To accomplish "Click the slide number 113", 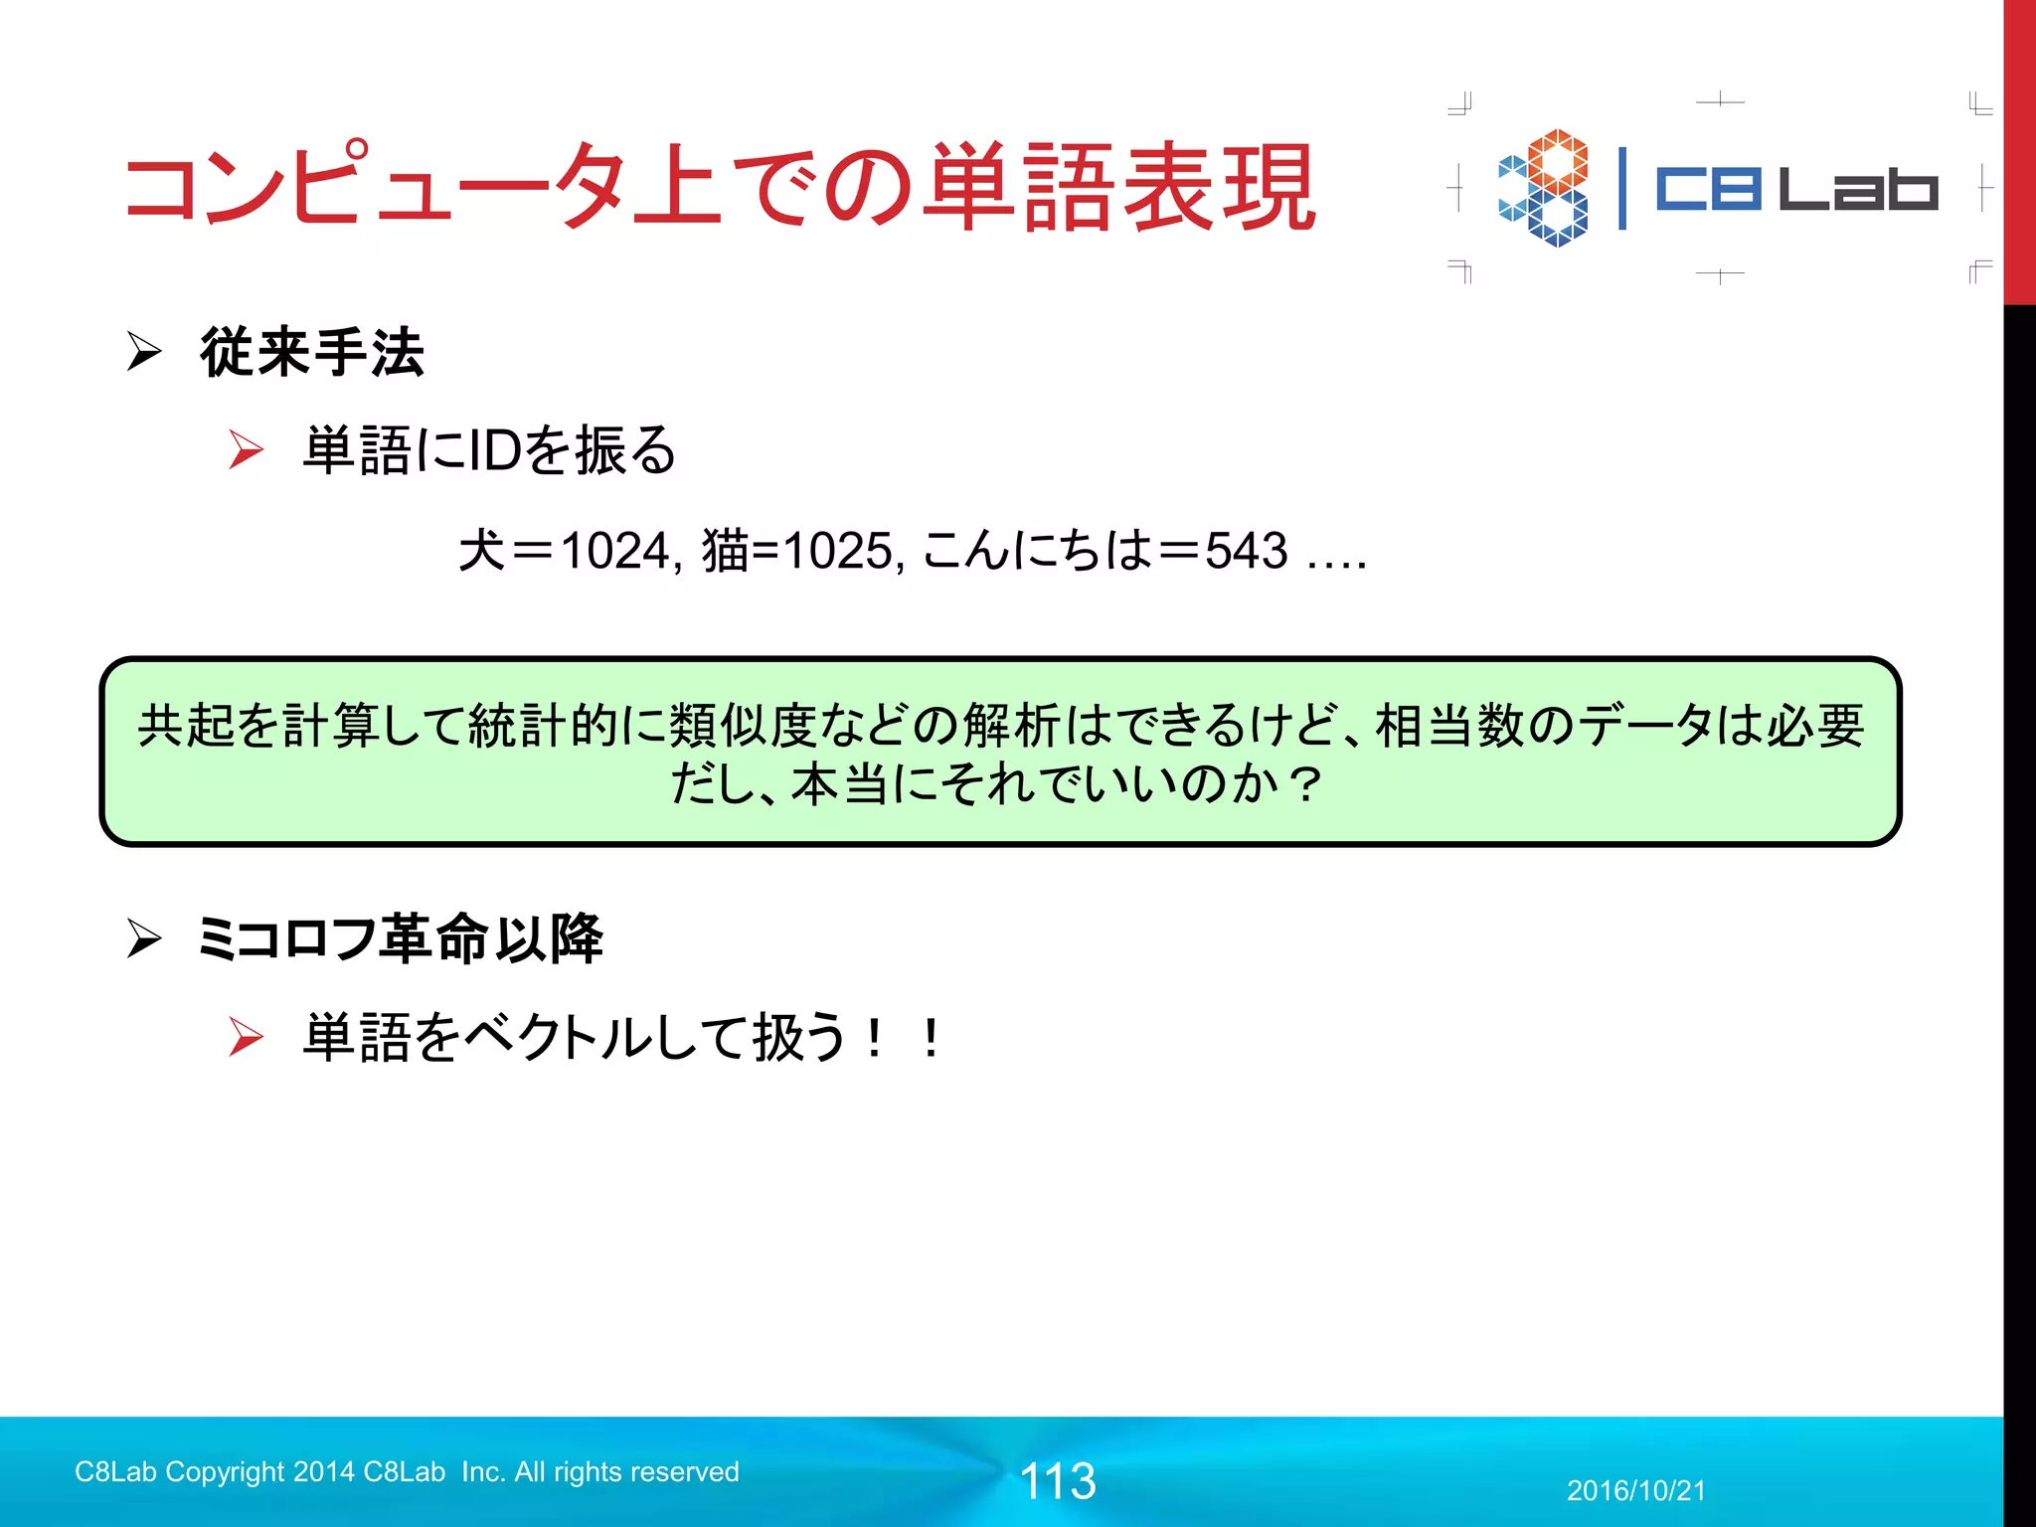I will [1058, 1481].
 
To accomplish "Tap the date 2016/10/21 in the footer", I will [1636, 1491].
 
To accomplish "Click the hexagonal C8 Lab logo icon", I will [1544, 188].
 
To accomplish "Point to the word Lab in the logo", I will [1857, 189].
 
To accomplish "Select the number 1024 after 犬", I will [615, 551].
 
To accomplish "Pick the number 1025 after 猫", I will [837, 551].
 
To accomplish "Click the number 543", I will [1247, 551].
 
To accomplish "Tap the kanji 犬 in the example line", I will [482, 551].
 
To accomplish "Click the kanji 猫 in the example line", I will [726, 551].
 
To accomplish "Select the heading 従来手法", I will [312, 353].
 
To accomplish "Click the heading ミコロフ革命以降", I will [400, 938].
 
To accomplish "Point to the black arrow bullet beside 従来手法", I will [145, 352].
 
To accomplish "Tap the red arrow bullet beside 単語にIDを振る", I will [246, 449].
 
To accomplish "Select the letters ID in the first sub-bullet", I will [494, 450].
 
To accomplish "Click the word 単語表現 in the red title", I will [1119, 188].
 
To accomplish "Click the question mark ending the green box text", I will [1303, 784].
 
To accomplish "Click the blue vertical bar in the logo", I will [1622, 189].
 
